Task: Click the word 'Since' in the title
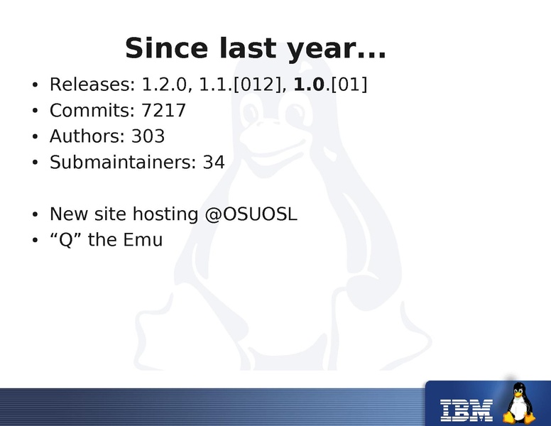[166, 48]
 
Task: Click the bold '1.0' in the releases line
[309, 84]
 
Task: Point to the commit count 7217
[163, 110]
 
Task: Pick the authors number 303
[148, 136]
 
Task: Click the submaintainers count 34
[214, 162]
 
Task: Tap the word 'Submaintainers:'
[123, 162]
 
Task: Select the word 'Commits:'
[92, 110]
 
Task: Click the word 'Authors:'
[87, 136]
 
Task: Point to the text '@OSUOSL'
[251, 214]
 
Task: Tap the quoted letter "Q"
[66, 240]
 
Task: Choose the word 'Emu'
[143, 240]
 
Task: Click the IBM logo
[467, 410]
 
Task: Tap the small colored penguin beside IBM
[519, 403]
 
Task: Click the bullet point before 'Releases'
[34, 84]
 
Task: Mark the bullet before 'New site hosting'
[34, 214]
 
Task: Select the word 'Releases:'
[92, 84]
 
